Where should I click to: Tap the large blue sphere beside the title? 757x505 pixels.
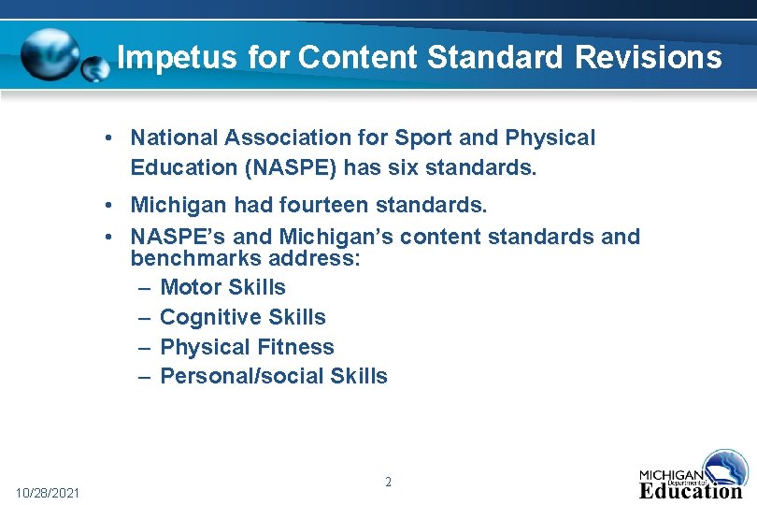[50, 54]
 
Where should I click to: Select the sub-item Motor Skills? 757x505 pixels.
[222, 287]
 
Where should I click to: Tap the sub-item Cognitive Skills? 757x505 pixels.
[243, 317]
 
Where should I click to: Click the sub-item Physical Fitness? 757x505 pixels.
[247, 347]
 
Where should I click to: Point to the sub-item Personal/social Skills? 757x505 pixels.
[274, 376]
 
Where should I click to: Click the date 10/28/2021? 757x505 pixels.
[48, 493]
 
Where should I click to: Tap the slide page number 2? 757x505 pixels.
[388, 483]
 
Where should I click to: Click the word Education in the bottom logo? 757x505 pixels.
[691, 489]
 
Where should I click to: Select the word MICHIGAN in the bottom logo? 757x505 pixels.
[671, 474]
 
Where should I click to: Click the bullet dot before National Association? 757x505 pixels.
[110, 138]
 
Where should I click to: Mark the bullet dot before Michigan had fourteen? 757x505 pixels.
[110, 205]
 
